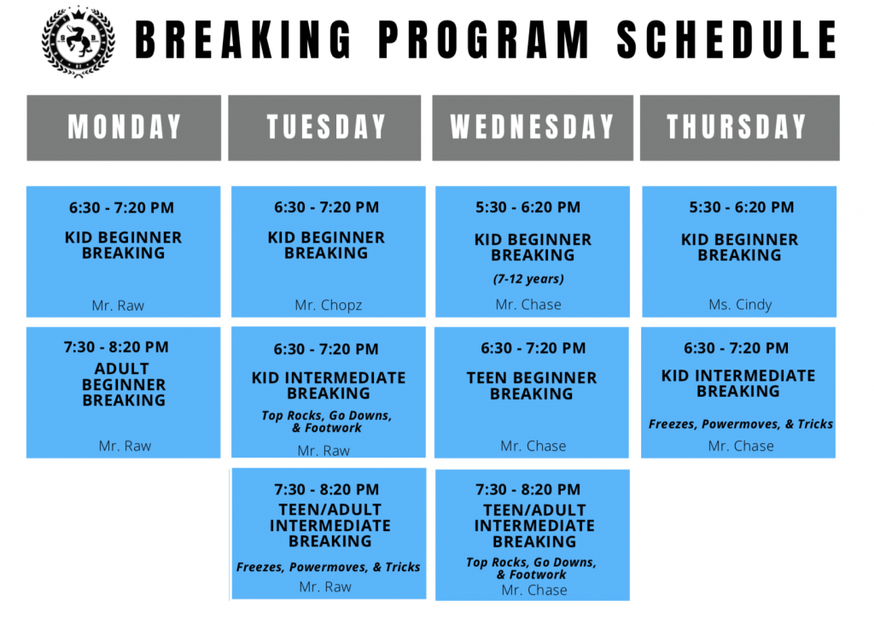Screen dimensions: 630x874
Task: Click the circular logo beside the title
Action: (x=79, y=40)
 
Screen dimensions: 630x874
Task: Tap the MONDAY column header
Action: (x=125, y=127)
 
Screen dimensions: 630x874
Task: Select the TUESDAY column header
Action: (x=326, y=127)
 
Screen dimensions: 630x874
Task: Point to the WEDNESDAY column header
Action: (x=533, y=127)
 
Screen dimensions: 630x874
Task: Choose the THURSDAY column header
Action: (x=737, y=127)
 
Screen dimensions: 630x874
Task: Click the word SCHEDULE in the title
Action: (x=726, y=39)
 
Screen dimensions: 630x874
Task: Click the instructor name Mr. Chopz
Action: (x=329, y=306)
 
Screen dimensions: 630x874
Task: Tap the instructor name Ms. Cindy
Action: (x=739, y=305)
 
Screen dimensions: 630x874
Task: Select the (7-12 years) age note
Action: (x=529, y=278)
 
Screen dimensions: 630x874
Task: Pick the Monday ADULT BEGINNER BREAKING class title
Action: (x=124, y=384)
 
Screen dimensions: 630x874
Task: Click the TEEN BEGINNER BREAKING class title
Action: (x=532, y=386)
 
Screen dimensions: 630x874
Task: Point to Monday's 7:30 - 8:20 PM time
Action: (x=116, y=347)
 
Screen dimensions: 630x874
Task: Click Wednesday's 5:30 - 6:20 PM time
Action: (x=528, y=207)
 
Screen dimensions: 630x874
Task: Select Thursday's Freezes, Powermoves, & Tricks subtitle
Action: (x=741, y=424)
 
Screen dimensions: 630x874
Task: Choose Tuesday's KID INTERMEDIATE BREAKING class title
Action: (x=329, y=385)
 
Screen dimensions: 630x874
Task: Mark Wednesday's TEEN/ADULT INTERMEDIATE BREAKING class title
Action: (x=534, y=525)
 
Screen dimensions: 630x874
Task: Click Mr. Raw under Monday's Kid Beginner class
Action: (x=118, y=306)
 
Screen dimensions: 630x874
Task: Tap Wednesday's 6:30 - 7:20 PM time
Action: (x=533, y=348)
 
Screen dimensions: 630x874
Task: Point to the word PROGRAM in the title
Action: (x=482, y=39)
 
